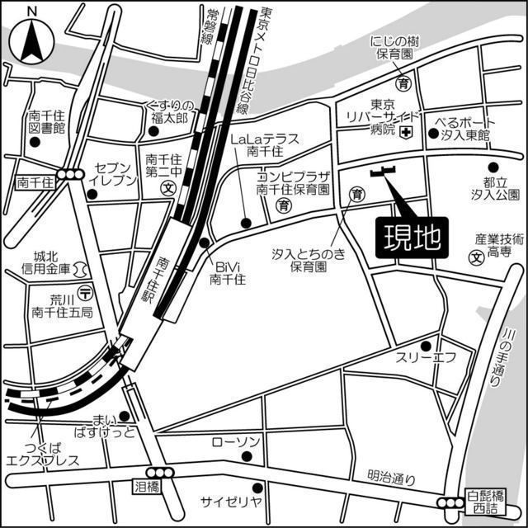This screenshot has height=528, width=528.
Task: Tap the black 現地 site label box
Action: [x=409, y=238]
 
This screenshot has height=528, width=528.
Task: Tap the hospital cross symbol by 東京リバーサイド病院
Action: [x=405, y=133]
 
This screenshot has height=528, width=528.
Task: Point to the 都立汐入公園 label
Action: [x=495, y=188]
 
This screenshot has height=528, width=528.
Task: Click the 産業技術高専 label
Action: [x=498, y=244]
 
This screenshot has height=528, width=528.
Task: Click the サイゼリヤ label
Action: [x=231, y=501]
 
